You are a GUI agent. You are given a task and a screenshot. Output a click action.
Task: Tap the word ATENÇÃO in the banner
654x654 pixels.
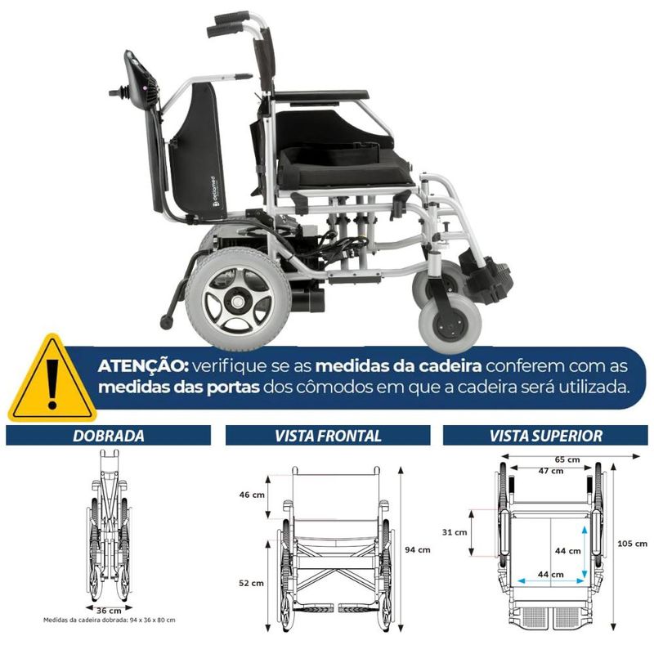coord(143,366)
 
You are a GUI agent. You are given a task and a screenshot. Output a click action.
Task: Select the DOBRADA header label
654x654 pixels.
coord(109,436)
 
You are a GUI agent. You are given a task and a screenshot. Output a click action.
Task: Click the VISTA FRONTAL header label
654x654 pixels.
coord(328,436)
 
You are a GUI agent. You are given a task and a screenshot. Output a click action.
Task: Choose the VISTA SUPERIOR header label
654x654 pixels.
coord(545,436)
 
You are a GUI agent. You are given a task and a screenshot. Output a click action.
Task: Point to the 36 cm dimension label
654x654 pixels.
coord(109,611)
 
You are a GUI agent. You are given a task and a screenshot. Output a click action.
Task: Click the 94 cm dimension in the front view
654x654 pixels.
coord(418,549)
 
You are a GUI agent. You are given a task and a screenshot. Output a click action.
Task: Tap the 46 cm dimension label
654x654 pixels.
coord(252,495)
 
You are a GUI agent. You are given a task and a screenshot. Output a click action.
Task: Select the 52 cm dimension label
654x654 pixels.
coord(251,583)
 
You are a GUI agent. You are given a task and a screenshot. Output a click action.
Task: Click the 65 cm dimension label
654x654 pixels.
coord(567,459)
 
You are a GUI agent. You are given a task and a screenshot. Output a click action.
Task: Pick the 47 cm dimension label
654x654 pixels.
coord(550,471)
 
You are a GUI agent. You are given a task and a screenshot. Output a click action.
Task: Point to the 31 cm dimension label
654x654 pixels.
coord(455,532)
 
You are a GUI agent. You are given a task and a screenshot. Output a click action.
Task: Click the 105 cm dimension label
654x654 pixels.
coord(632,544)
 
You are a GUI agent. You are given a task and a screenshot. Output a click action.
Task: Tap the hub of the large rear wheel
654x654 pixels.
coord(237,300)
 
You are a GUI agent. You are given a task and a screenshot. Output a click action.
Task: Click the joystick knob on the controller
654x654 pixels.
coord(114,92)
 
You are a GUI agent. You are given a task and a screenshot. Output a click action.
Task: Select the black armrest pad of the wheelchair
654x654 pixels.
coord(321,96)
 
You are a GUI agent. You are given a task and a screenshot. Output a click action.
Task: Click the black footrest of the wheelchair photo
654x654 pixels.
coord(487,275)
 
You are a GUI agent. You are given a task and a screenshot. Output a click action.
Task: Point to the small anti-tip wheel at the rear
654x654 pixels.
coord(167,322)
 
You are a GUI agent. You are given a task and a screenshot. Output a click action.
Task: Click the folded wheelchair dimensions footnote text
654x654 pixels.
coord(110,620)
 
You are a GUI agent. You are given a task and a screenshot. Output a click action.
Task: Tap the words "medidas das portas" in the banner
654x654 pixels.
coord(179,387)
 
